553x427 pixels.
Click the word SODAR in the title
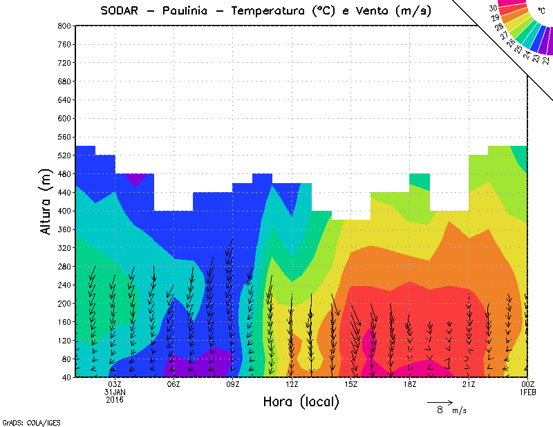pyautogui.click(x=120, y=11)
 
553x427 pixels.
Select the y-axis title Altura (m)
pyautogui.click(x=47, y=201)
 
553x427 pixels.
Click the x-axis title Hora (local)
pyautogui.click(x=301, y=402)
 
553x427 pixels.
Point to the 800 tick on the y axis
pyautogui.click(x=64, y=26)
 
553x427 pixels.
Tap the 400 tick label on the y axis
pyautogui.click(x=64, y=211)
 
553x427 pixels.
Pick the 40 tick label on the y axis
pyautogui.click(x=66, y=378)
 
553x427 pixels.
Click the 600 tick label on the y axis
pyautogui.click(x=64, y=118)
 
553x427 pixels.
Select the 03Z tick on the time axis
pyautogui.click(x=115, y=384)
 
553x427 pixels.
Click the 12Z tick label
pyautogui.click(x=292, y=384)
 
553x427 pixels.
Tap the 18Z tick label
pyautogui.click(x=410, y=384)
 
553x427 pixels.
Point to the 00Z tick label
pyautogui.click(x=528, y=384)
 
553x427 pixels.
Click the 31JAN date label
pyautogui.click(x=115, y=392)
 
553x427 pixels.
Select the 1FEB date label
pyautogui.click(x=528, y=392)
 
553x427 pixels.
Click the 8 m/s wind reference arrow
pyautogui.click(x=440, y=401)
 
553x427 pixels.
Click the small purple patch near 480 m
pyautogui.click(x=135, y=179)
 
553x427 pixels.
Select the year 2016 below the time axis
pyautogui.click(x=115, y=399)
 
